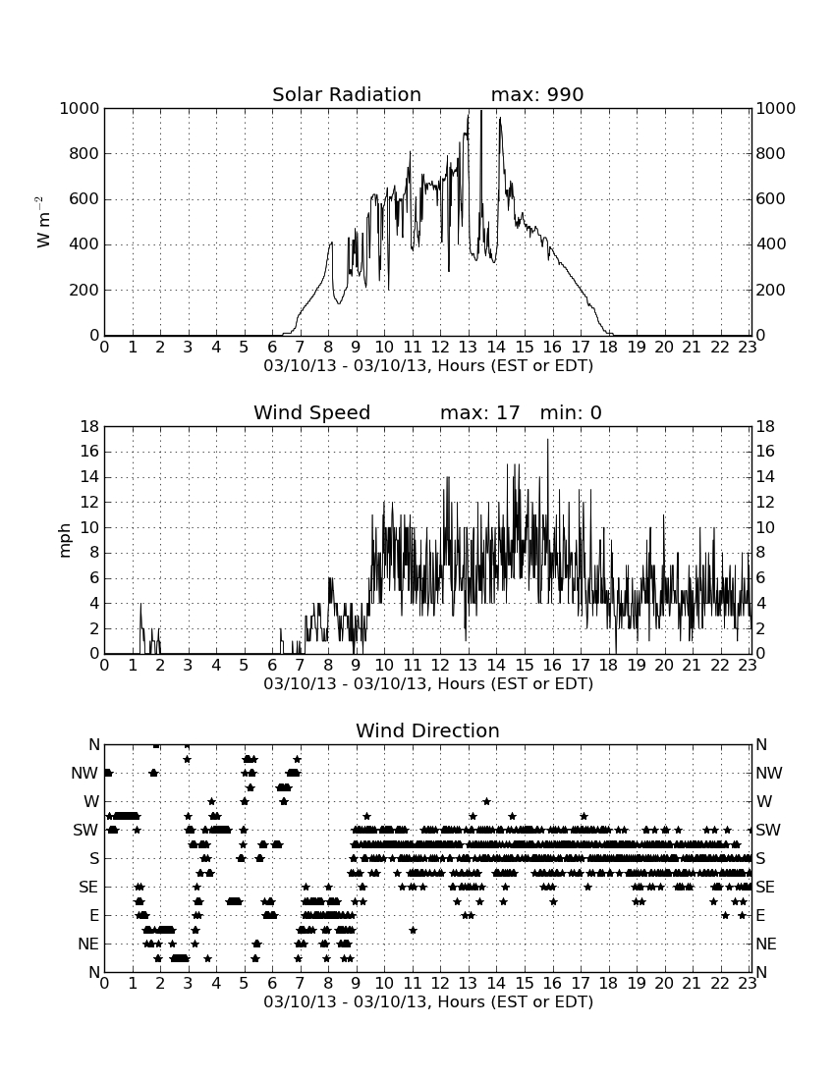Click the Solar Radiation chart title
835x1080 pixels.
[x=347, y=94]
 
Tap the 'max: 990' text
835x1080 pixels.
[x=537, y=94]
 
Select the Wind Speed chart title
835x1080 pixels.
[x=312, y=412]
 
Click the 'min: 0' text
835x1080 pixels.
[x=571, y=412]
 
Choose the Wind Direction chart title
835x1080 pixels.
[x=428, y=730]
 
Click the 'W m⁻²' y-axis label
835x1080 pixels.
[x=42, y=222]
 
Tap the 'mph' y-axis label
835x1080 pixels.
[x=65, y=541]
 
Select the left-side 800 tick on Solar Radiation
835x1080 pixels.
[x=84, y=153]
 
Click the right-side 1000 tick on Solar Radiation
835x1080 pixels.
[x=776, y=108]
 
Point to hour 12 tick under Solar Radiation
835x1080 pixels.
[x=440, y=348]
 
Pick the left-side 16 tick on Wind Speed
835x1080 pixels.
[x=90, y=452]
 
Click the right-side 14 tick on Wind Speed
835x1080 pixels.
[x=765, y=476]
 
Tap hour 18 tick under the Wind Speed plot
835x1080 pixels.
[x=608, y=666]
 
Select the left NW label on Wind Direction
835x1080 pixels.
[x=84, y=774]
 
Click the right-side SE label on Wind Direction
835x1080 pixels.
[x=764, y=888]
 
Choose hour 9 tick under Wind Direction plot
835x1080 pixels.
[x=357, y=984]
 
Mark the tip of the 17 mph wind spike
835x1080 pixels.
[x=548, y=440]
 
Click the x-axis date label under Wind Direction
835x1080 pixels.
[x=428, y=1001]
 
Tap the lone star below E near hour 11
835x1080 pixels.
[x=413, y=930]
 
